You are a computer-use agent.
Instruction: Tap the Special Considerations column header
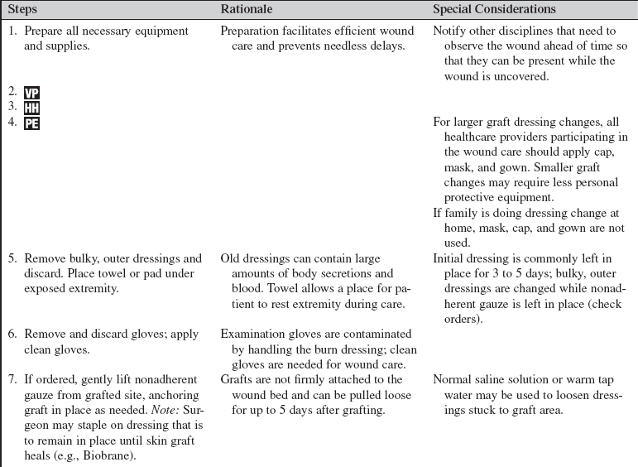click(x=495, y=9)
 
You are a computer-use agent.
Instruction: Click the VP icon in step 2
click(x=31, y=91)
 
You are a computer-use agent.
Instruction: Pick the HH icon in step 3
click(x=32, y=107)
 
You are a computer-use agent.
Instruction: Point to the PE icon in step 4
click(x=31, y=123)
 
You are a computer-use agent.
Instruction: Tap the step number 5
click(x=12, y=258)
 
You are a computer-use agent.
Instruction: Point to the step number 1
click(x=12, y=31)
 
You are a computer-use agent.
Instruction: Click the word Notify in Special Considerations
click(x=451, y=31)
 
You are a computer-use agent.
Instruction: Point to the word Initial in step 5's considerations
click(x=449, y=258)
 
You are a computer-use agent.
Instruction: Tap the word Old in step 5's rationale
click(x=231, y=258)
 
